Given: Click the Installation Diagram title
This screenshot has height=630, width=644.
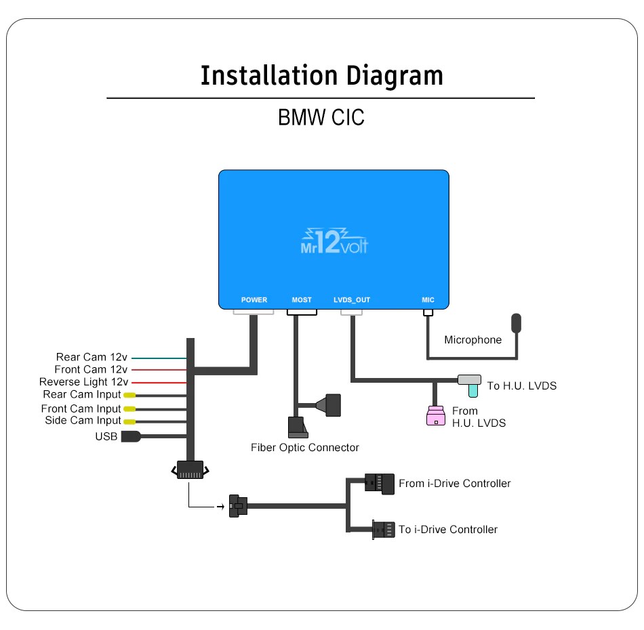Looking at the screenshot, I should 321,75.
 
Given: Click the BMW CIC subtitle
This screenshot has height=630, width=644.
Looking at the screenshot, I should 321,117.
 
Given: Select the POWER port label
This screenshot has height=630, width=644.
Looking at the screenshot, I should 254,300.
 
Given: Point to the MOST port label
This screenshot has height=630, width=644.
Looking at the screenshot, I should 302,300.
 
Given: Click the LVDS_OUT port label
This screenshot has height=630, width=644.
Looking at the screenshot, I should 352,300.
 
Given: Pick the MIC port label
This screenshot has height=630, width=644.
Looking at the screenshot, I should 428,300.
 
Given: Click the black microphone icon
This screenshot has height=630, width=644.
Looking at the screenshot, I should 517,322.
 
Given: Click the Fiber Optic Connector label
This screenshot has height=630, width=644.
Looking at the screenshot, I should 305,448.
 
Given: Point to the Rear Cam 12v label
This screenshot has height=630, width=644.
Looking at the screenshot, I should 92,357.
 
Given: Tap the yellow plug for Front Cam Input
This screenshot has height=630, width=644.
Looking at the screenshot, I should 129,408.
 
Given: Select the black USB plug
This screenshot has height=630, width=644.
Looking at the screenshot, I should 130,437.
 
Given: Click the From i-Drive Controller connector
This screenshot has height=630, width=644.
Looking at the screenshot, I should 378,482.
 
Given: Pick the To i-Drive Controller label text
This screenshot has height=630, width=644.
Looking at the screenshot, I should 448,530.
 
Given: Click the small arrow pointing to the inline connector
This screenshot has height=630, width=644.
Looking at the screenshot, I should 220,506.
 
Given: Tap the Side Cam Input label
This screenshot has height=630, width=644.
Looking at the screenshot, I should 83,421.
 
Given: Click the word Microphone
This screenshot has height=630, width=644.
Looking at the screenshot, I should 472,340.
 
